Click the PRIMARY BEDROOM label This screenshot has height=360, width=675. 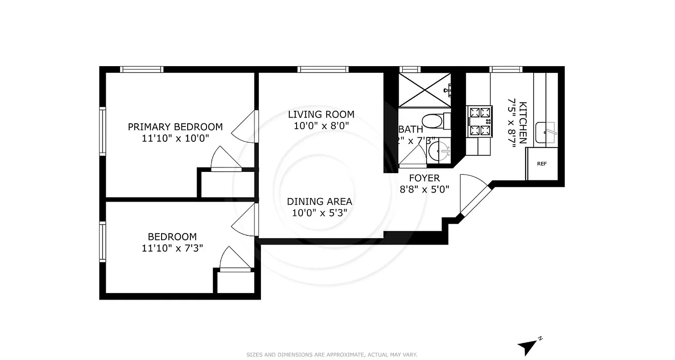(175, 126)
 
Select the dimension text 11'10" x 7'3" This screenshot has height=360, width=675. (172, 248)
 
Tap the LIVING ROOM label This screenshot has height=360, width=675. (321, 114)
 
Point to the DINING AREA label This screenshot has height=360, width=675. (319, 201)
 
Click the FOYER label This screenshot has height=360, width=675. (424, 178)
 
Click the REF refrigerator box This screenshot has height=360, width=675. (542, 164)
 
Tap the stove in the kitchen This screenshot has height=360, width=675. (479, 121)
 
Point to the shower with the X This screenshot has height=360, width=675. (424, 90)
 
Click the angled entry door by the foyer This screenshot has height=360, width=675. (474, 197)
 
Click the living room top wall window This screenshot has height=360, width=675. (323, 69)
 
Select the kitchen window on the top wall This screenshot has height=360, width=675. (506, 69)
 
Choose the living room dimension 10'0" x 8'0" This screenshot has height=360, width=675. (321, 126)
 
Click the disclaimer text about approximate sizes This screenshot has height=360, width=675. (332, 355)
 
